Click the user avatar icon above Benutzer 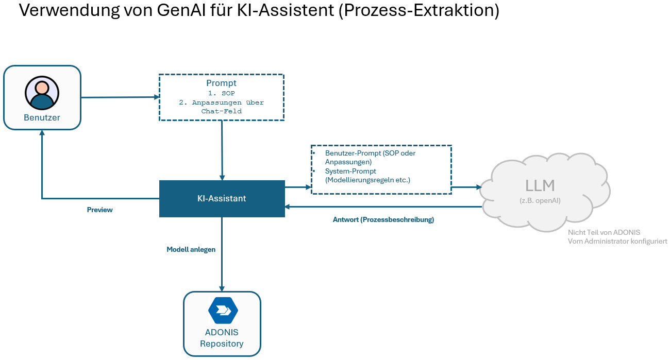tap(42, 94)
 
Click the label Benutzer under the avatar tap(42, 117)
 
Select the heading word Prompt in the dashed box tap(221, 83)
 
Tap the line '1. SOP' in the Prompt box tap(221, 93)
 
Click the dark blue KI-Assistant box tap(222, 198)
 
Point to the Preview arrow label tap(99, 210)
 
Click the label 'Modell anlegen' tap(191, 249)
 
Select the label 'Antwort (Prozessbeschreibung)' tap(383, 219)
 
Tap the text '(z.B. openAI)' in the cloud tap(540, 200)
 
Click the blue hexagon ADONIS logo tap(223, 310)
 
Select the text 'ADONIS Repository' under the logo tap(222, 338)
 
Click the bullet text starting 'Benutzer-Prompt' tap(370, 157)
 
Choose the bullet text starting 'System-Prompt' tap(367, 175)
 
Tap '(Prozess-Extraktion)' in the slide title tap(418, 11)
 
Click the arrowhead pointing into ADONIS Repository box tap(222, 288)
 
